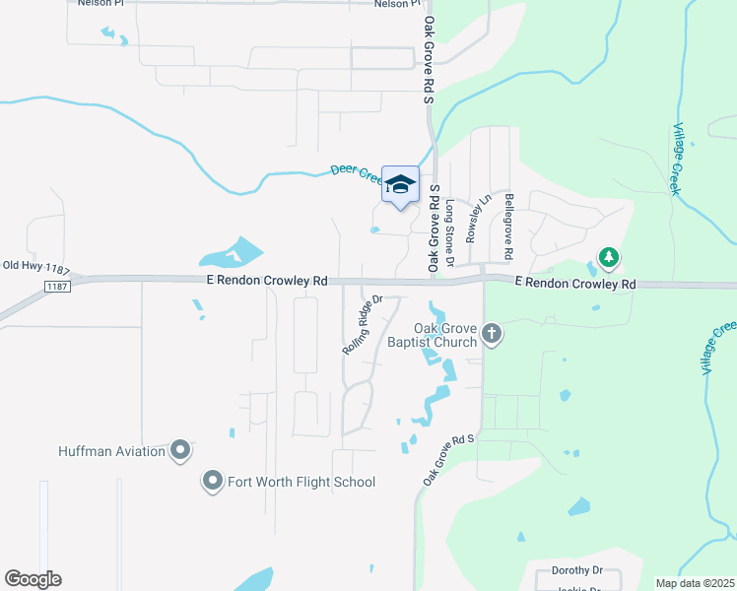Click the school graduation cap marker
click(x=400, y=184)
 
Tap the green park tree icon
click(x=609, y=258)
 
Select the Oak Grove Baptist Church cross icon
click(x=493, y=336)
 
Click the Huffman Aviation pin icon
click(x=179, y=451)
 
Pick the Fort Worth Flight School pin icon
click(x=212, y=482)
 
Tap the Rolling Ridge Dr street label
click(x=361, y=326)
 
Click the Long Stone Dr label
click(x=449, y=233)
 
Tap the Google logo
click(x=33, y=579)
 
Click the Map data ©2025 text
click(x=695, y=583)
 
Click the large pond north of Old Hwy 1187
click(x=233, y=253)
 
